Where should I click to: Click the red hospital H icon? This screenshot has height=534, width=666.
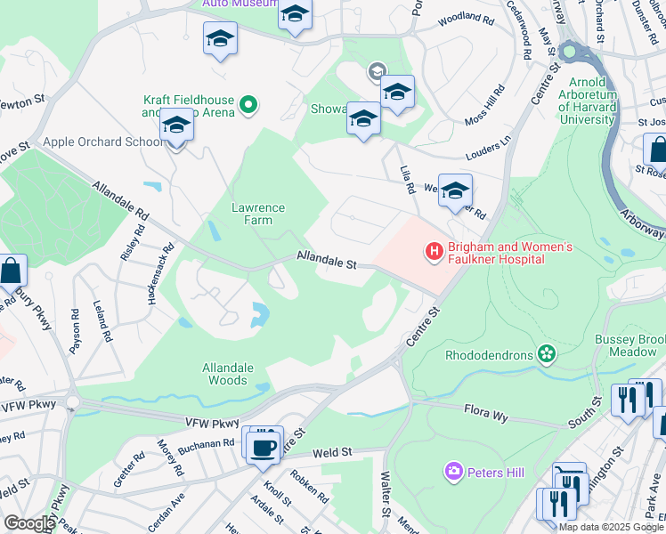435,252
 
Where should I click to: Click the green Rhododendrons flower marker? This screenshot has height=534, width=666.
547,355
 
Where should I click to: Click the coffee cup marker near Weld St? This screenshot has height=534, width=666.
263,447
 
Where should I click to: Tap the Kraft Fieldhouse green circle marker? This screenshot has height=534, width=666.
250,106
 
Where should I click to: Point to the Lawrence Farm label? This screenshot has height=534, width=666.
258,214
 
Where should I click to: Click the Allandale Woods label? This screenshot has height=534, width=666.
228,374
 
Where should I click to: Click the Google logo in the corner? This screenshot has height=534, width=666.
28,523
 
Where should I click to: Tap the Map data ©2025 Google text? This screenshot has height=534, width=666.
610,527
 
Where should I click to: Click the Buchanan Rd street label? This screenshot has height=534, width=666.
205,442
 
